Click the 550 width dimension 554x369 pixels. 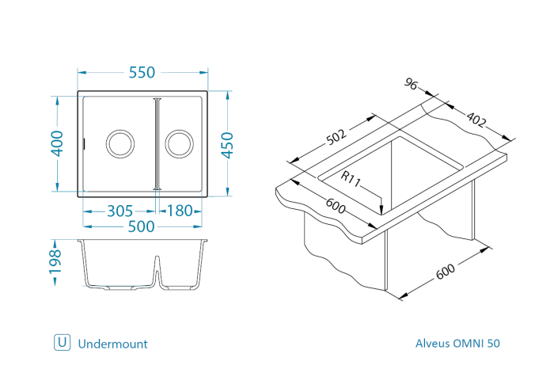click(x=142, y=73)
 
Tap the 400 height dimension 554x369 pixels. click(x=57, y=143)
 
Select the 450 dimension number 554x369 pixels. click(x=228, y=145)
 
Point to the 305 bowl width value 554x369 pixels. click(x=120, y=211)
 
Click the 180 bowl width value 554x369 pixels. click(x=180, y=211)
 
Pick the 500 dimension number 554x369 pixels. click(x=142, y=226)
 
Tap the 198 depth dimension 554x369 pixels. click(x=55, y=262)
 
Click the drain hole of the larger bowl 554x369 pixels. click(x=120, y=144)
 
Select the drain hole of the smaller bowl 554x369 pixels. click(x=179, y=144)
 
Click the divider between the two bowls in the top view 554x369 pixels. click(x=157, y=144)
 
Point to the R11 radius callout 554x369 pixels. click(x=351, y=179)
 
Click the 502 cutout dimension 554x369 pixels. click(x=336, y=137)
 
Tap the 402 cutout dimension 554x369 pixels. click(x=476, y=119)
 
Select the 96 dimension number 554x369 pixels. click(x=411, y=84)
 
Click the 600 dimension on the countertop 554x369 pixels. click(x=336, y=206)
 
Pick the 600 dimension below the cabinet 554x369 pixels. click(x=445, y=272)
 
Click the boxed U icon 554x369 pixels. click(x=63, y=342)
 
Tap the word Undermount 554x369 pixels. click(x=112, y=344)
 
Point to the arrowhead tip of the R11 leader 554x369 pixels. click(x=381, y=214)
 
